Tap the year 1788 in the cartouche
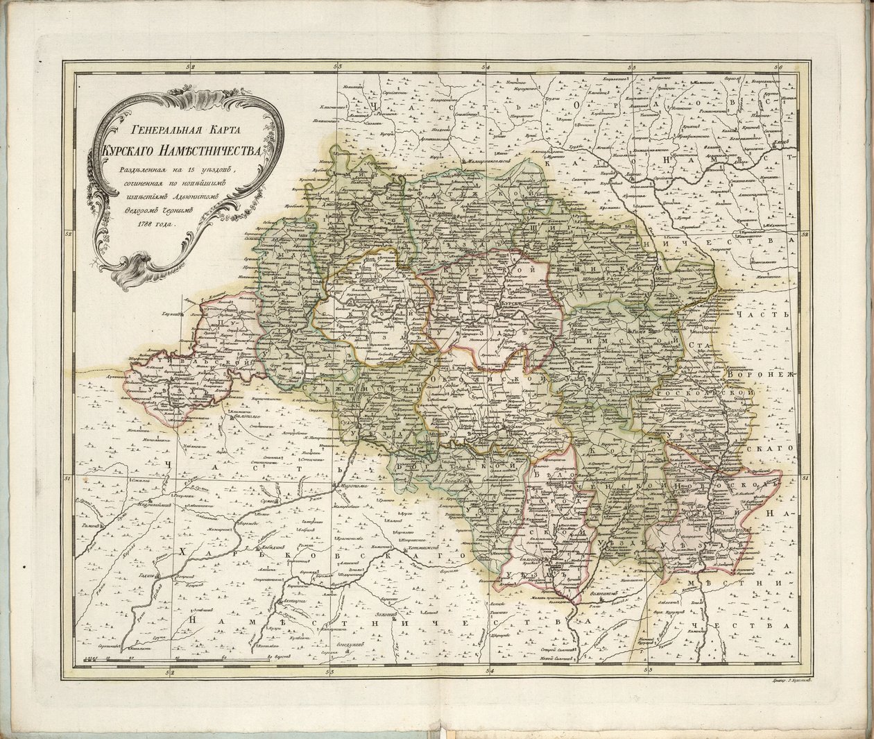tap(149, 223)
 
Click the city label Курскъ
tap(512, 305)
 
